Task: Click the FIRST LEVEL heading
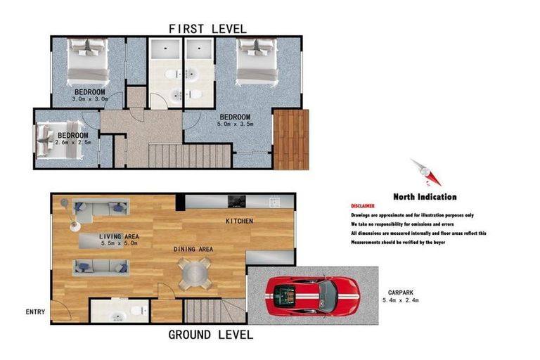pyautogui.click(x=207, y=29)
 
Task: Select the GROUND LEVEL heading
pyautogui.click(x=210, y=335)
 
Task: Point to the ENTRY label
pyautogui.click(x=35, y=311)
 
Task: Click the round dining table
pyautogui.click(x=195, y=273)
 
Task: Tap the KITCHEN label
pyautogui.click(x=239, y=221)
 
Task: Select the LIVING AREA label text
pyautogui.click(x=119, y=236)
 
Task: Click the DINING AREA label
pyautogui.click(x=194, y=249)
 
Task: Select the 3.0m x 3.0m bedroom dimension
pyautogui.click(x=90, y=99)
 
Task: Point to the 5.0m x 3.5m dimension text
pyautogui.click(x=235, y=124)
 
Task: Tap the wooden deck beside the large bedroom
pyautogui.click(x=290, y=139)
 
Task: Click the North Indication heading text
pyautogui.click(x=424, y=197)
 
